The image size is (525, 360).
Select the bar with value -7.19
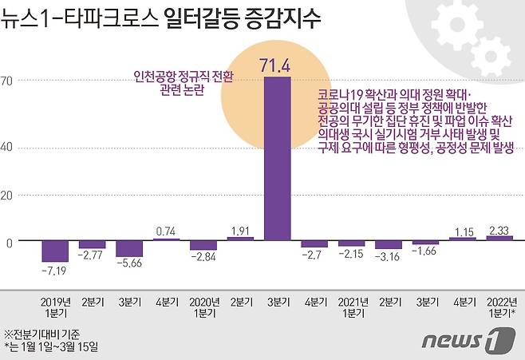pos(55,251)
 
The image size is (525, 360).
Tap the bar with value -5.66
pos(129,248)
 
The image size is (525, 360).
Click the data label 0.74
pos(166,231)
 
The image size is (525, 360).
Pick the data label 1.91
pos(240,230)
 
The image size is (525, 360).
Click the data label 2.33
pos(499,230)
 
